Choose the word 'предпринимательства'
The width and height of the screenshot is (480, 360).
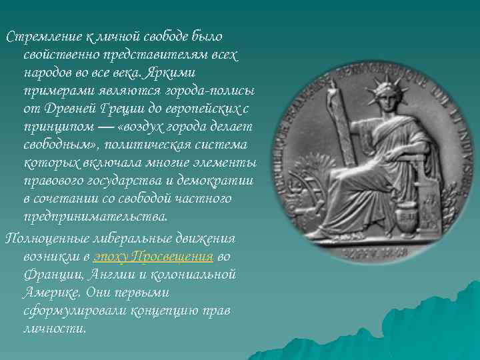pos(86,217)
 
